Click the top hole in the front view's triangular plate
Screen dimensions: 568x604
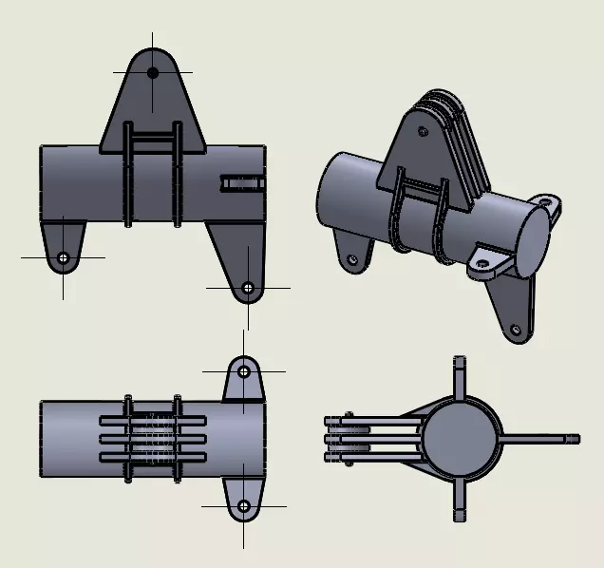click(x=153, y=72)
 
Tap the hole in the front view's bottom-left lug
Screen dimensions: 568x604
click(x=63, y=257)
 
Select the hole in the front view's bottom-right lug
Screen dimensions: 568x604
click(x=248, y=287)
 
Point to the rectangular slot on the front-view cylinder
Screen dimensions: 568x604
click(x=241, y=181)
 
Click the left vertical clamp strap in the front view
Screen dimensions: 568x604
click(x=128, y=176)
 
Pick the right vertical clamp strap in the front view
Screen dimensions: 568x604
click(x=177, y=176)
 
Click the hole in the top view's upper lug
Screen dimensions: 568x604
click(x=244, y=370)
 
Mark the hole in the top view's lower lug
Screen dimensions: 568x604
click(x=244, y=505)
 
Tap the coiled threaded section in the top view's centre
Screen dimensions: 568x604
click(x=152, y=438)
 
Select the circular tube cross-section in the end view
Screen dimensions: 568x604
click(x=459, y=438)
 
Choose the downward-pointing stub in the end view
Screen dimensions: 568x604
click(x=459, y=503)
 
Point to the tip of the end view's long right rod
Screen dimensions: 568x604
click(x=575, y=438)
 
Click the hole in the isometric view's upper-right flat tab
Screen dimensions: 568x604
click(x=544, y=202)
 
